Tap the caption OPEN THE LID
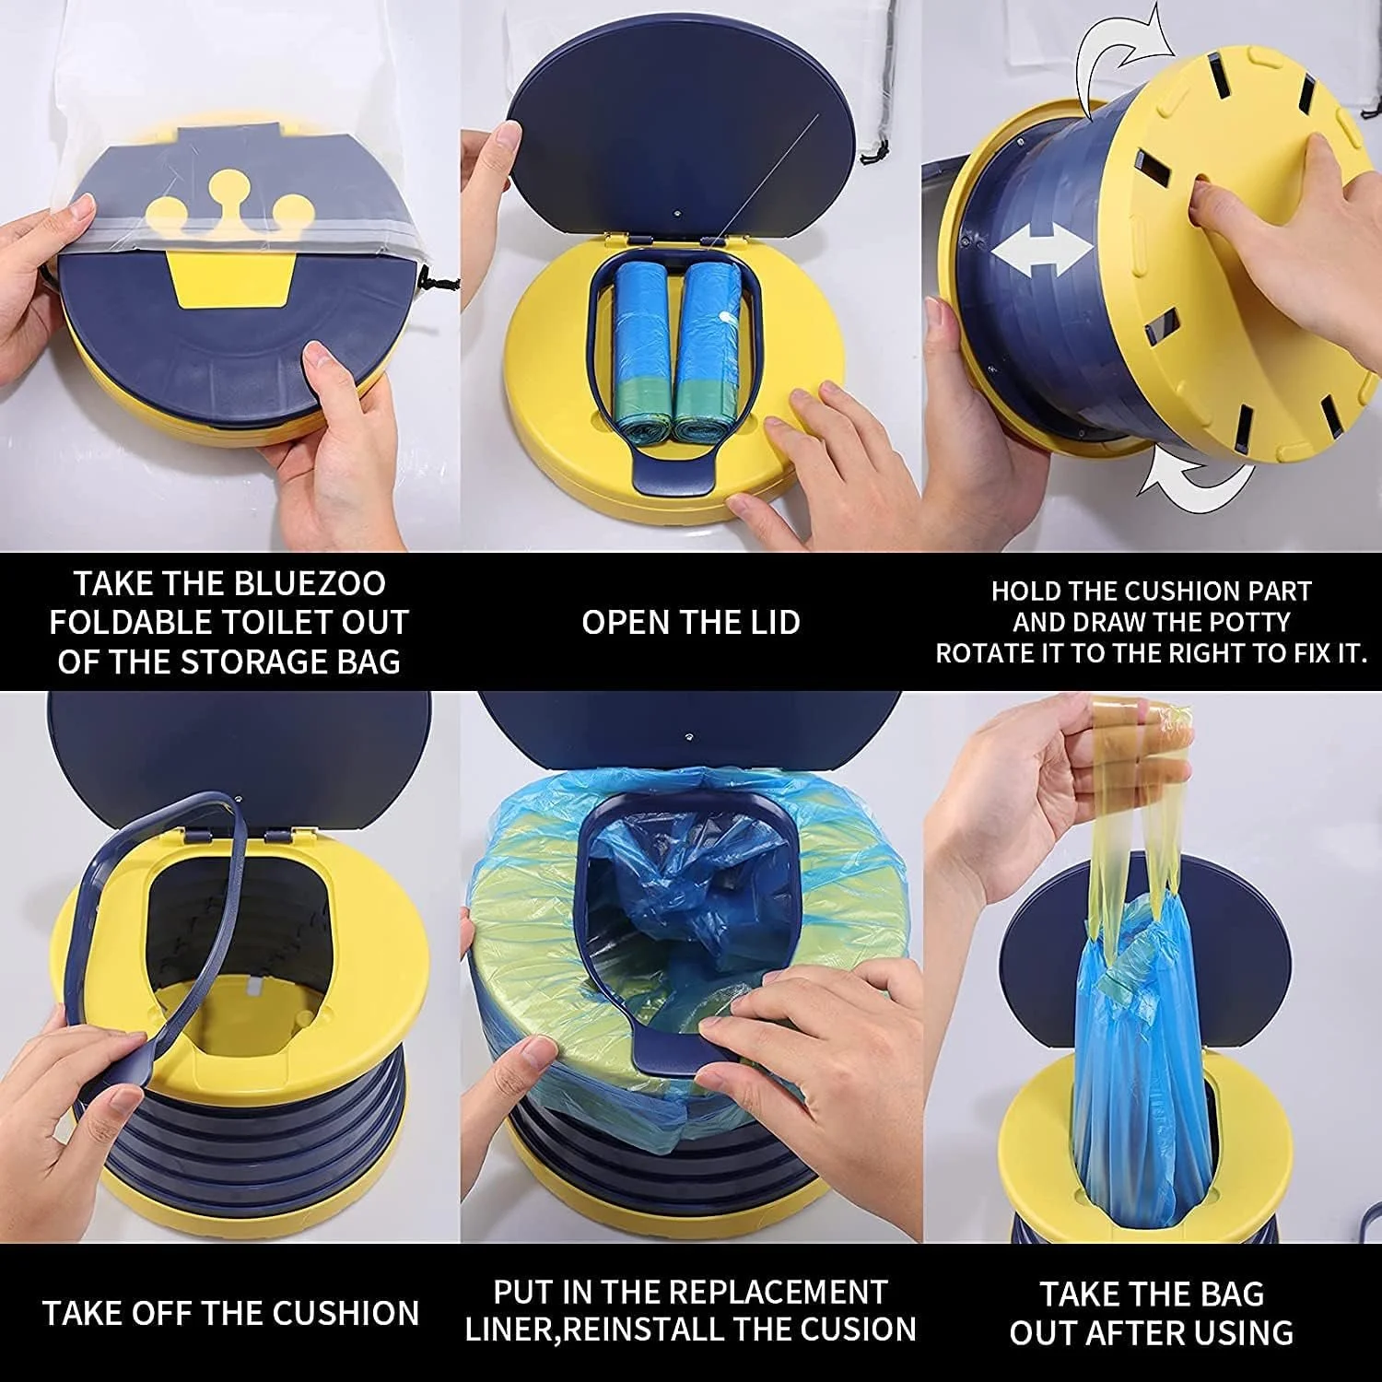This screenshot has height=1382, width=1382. tap(691, 622)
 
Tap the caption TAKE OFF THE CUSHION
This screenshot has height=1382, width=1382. tap(230, 1312)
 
